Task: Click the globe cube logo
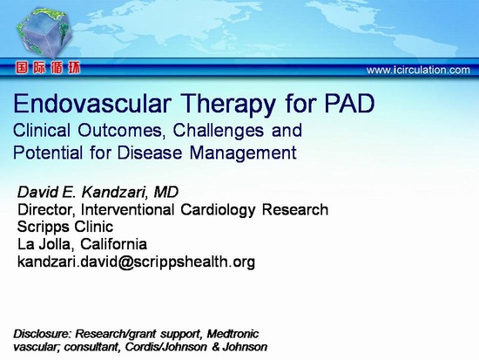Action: (44, 33)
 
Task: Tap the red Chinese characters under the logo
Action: (48, 68)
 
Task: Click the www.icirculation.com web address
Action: (418, 71)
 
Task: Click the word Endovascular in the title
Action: (91, 104)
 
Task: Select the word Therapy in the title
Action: (228, 105)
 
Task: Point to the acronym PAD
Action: (349, 104)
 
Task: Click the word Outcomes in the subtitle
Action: (119, 130)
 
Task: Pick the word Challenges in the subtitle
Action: (218, 131)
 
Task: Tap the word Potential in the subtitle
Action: (48, 153)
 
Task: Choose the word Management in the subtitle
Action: (243, 153)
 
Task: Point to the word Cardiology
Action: (218, 210)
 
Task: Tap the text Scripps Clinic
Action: (65, 228)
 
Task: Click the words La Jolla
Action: (44, 244)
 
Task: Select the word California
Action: (113, 244)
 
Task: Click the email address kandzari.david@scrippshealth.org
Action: (136, 262)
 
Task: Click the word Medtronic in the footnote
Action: (233, 334)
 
